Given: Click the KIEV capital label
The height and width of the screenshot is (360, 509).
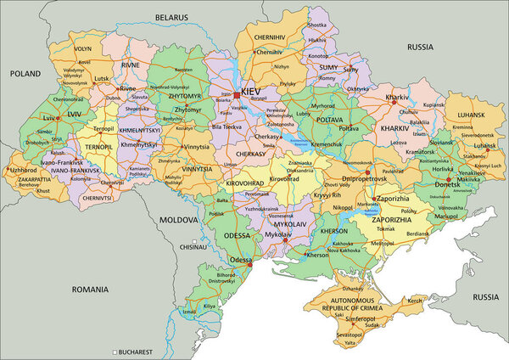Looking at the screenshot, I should tap(252, 90).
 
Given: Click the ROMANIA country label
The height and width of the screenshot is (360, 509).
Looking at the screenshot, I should tap(91, 290).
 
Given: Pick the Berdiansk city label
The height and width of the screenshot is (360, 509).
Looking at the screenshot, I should tap(417, 233).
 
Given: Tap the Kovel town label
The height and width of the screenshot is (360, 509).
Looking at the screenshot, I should tap(82, 62).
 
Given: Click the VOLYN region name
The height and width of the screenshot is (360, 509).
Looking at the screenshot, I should tap(82, 49).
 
